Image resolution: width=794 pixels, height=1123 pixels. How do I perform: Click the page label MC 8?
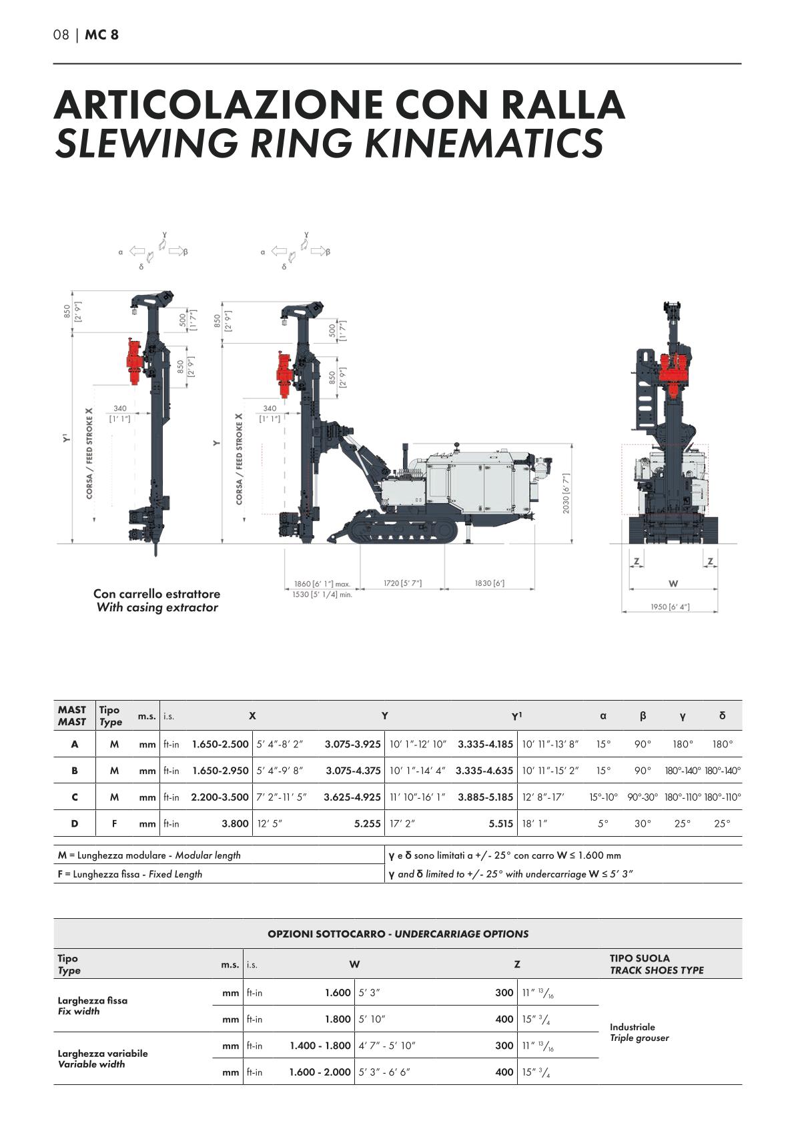[101, 35]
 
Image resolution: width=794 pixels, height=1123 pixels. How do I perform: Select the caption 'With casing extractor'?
[157, 607]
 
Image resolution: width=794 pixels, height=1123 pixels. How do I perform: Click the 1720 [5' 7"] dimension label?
[402, 583]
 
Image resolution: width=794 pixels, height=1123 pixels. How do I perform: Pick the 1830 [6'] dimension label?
[489, 583]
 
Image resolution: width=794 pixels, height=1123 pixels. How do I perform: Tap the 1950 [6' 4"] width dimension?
[670, 607]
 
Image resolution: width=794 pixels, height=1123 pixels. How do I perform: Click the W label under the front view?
[673, 583]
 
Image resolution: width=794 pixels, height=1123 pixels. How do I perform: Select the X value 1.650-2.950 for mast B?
[220, 771]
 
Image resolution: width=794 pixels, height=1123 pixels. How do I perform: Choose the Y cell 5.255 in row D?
[367, 823]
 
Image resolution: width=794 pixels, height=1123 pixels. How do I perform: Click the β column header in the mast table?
[643, 716]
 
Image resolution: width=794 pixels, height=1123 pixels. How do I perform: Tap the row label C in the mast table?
[74, 797]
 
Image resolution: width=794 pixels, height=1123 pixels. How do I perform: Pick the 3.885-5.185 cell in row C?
[485, 797]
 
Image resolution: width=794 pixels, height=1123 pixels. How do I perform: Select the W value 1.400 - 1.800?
[320, 1046]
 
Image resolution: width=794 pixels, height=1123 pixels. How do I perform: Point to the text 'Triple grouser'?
[639, 1038]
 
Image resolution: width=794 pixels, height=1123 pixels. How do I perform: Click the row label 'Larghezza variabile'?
[103, 1053]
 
